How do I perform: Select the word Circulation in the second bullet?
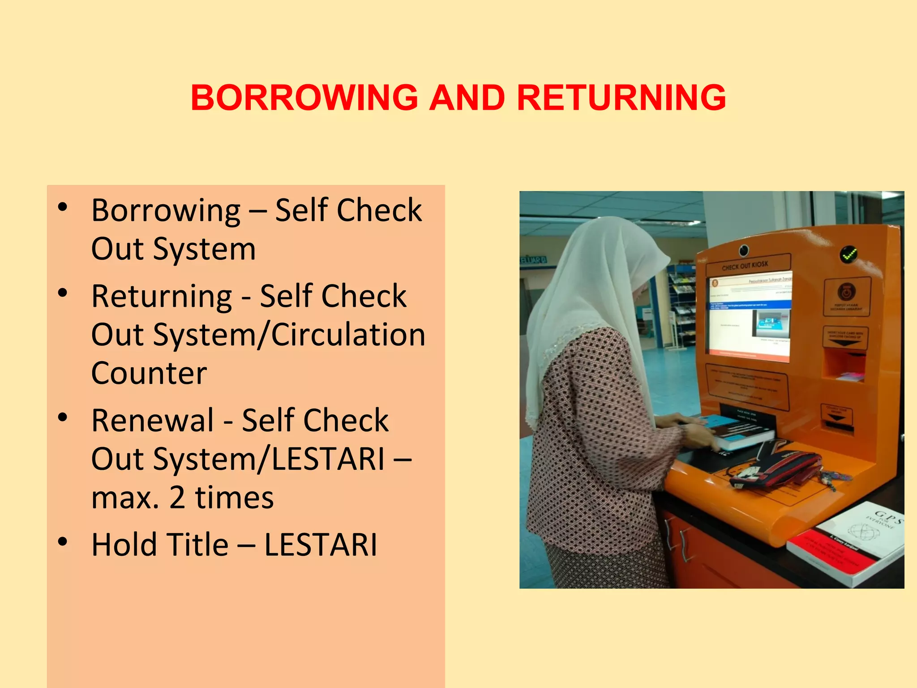[348, 335]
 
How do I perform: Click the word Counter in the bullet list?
[149, 373]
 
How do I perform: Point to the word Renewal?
[153, 421]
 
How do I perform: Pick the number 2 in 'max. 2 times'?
[177, 498]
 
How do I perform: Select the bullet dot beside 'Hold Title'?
[63, 542]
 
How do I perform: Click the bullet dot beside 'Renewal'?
[63, 418]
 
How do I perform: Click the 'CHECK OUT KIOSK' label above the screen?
[745, 266]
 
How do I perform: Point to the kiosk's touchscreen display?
[749, 316]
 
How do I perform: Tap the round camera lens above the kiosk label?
[744, 249]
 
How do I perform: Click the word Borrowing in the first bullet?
[166, 211]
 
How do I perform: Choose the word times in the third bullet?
[234, 498]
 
